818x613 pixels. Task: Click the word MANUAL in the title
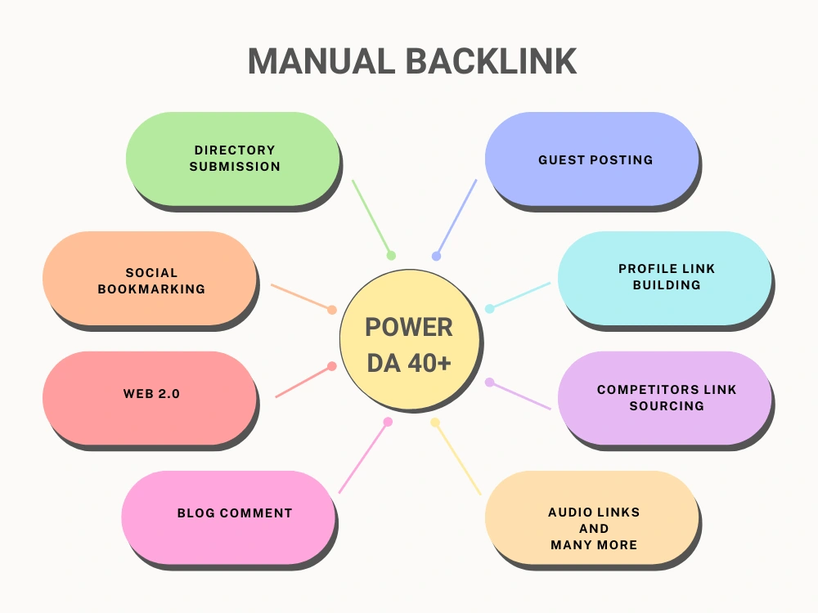(x=321, y=61)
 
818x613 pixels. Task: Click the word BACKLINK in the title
(x=491, y=61)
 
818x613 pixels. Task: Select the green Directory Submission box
(x=232, y=159)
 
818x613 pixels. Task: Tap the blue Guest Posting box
(x=592, y=159)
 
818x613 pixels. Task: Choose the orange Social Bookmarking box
(x=150, y=279)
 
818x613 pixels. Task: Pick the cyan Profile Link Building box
(x=664, y=279)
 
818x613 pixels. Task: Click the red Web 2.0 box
(x=150, y=398)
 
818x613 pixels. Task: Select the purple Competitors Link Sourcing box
(x=664, y=398)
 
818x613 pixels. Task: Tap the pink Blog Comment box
(x=228, y=517)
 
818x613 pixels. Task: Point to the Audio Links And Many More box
(x=592, y=517)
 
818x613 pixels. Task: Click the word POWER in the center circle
(x=409, y=328)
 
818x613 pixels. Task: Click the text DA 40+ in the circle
(x=409, y=364)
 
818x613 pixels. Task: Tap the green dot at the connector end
(x=391, y=255)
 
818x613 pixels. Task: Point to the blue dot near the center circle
(x=436, y=256)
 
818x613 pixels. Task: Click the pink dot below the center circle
(x=388, y=422)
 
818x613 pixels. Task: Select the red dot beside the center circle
(x=332, y=366)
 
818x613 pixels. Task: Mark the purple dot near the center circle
(x=489, y=383)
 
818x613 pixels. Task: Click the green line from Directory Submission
(x=371, y=218)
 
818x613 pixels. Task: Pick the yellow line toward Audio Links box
(x=457, y=459)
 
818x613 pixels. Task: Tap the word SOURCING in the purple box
(x=667, y=405)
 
